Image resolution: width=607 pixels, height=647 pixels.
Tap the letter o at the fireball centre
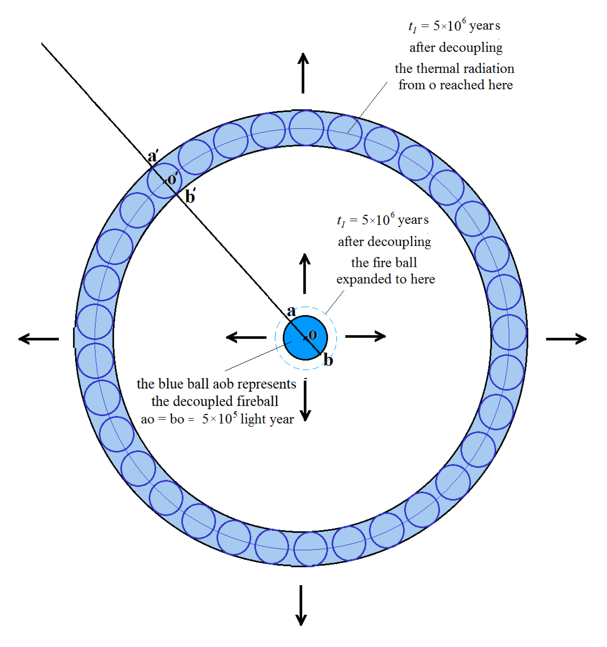(312, 335)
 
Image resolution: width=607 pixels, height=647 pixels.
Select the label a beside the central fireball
(291, 312)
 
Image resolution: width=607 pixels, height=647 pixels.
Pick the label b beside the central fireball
(328, 360)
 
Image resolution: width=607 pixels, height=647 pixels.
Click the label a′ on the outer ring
(152, 156)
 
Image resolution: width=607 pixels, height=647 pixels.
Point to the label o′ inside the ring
(172, 179)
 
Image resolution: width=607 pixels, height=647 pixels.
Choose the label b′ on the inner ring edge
(190, 197)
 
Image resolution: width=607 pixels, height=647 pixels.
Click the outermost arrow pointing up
(303, 73)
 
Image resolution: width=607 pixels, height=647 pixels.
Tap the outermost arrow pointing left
(39, 339)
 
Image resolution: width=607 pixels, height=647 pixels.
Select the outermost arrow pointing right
(566, 339)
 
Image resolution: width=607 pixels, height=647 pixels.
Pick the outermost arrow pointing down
(301, 605)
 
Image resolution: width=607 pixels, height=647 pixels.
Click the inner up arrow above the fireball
(305, 273)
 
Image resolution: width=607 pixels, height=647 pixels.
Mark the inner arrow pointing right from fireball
(365, 336)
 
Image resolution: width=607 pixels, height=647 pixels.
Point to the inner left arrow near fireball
(246, 337)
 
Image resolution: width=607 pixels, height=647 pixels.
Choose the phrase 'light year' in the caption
(267, 419)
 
